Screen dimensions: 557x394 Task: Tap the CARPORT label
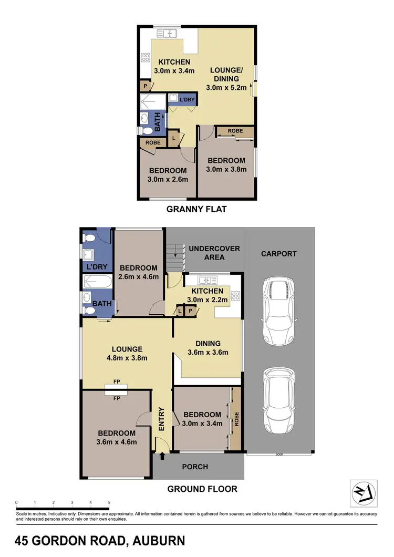pos(279,254)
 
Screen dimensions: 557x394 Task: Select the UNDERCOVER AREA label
pos(214,253)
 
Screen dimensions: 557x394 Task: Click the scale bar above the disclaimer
pos(63,508)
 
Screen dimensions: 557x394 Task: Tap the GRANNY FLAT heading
pos(196,209)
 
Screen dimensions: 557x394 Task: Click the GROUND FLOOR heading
pos(202,489)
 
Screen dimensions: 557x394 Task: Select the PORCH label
pos(195,467)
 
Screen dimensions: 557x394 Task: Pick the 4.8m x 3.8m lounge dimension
pos(127,358)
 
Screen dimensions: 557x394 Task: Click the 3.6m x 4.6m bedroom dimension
pos(117,442)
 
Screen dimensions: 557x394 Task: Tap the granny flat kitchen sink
pos(169,34)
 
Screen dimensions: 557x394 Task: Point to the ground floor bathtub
pos(96,282)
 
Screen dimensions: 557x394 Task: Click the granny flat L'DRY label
pos(186,99)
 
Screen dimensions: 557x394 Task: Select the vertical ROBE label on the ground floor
pos(236,419)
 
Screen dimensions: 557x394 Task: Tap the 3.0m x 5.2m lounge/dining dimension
pos(228,88)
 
